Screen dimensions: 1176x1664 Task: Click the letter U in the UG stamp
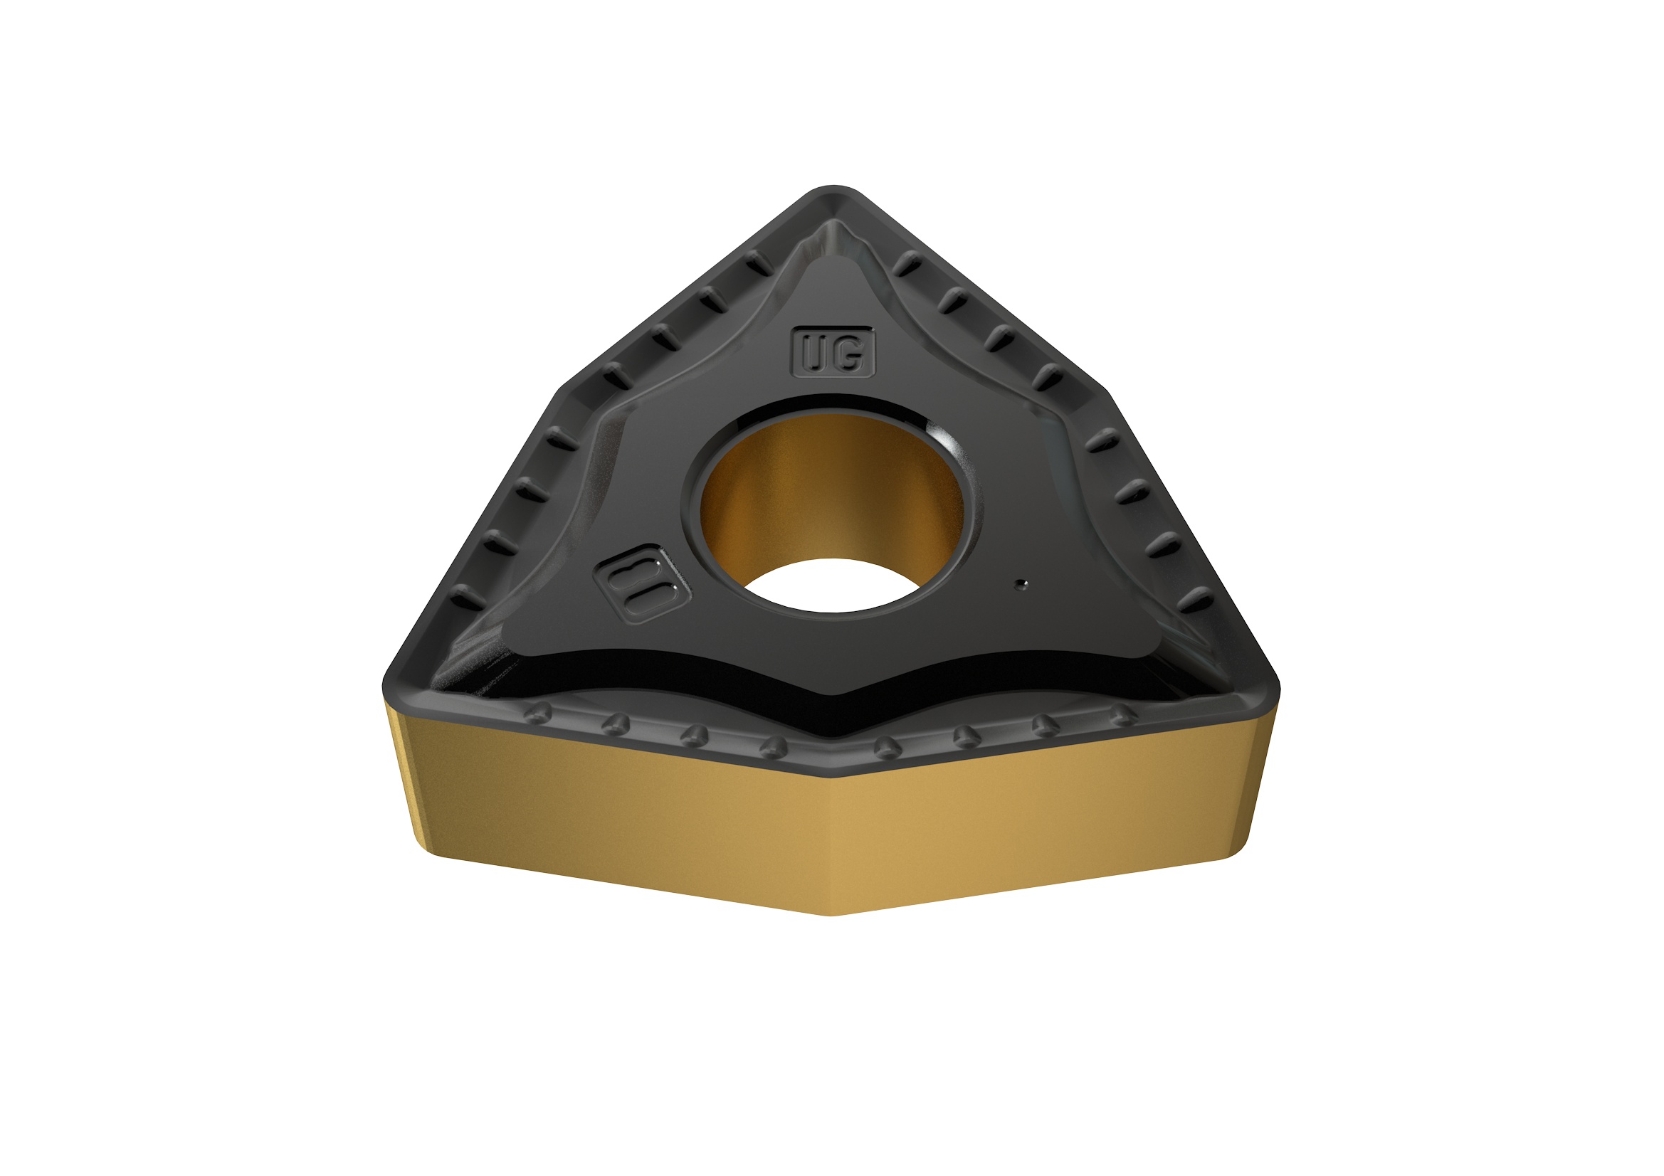pyautogui.click(x=816, y=354)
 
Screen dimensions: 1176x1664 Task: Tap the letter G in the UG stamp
pyautogui.click(x=851, y=354)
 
